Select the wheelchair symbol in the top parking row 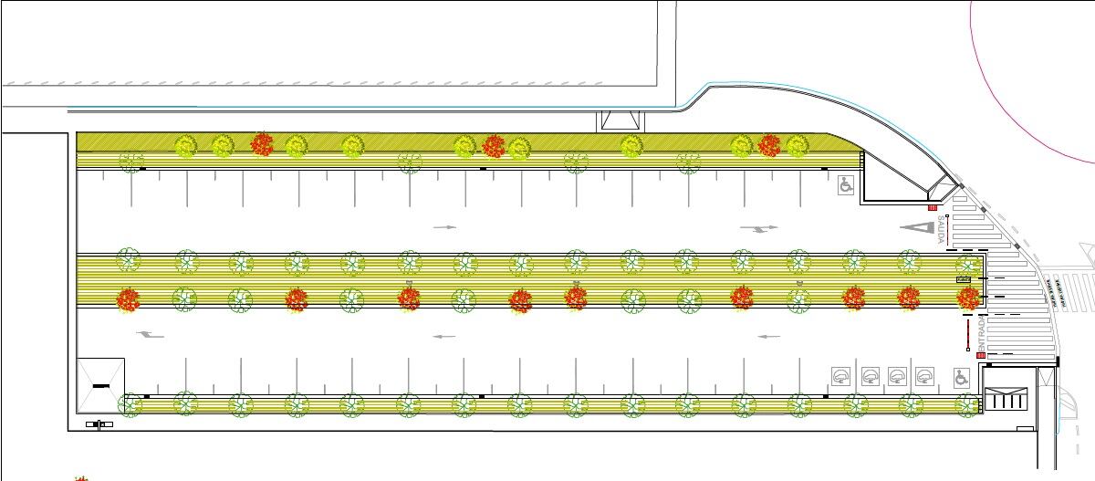point(846,185)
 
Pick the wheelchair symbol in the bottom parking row point(960,376)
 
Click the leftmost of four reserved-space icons point(840,375)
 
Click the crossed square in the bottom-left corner point(100,386)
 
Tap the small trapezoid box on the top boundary point(620,120)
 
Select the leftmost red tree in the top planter point(262,144)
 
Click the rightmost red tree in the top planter point(769,145)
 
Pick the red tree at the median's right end point(967,297)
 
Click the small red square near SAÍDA point(932,208)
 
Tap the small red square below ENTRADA point(981,355)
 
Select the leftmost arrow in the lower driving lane point(150,335)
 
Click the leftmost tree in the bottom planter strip point(130,403)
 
